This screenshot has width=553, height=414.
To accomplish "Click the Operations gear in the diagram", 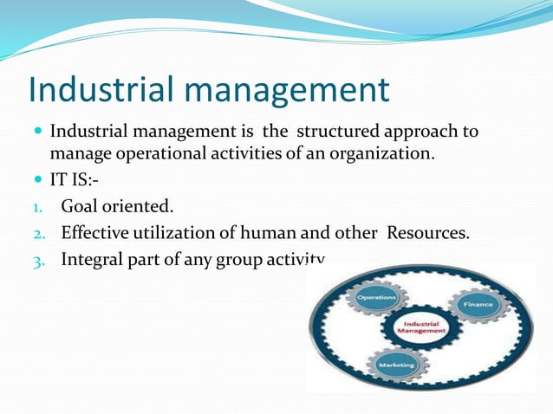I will coord(375,298).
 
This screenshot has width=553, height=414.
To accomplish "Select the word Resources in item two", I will coord(428,232).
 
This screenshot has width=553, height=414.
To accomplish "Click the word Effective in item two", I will coord(96,232).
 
